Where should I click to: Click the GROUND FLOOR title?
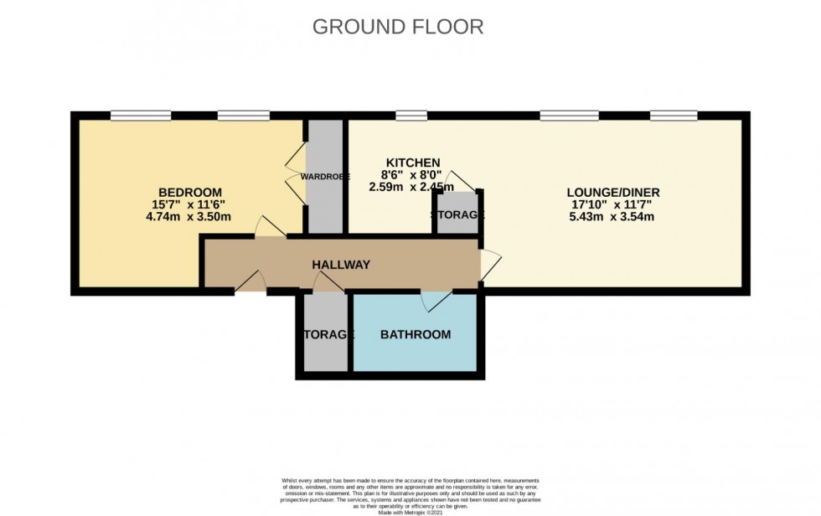pyautogui.click(x=398, y=27)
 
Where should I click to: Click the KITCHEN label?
pyautogui.click(x=412, y=162)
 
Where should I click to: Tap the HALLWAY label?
pyautogui.click(x=341, y=265)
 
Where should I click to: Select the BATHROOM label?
pyautogui.click(x=416, y=334)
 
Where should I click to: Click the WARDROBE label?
pyautogui.click(x=326, y=177)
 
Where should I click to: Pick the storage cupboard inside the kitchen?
pyautogui.click(x=457, y=214)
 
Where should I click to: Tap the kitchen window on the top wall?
pyautogui.click(x=411, y=115)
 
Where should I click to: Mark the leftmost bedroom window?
pyautogui.click(x=135, y=115)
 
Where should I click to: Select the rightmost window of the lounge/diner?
pyautogui.click(x=674, y=115)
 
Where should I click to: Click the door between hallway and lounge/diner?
pyautogui.click(x=489, y=264)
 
